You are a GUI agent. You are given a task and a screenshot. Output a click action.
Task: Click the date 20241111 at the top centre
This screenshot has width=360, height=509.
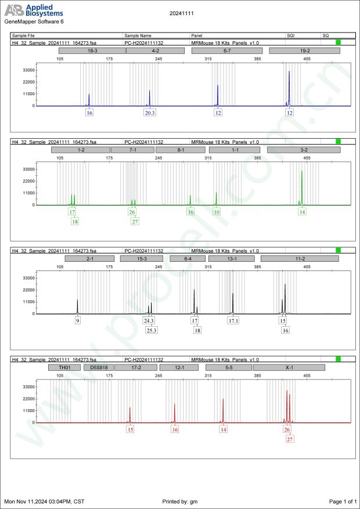click(179, 12)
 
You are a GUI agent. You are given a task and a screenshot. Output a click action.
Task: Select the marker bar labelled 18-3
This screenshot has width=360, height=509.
click(92, 51)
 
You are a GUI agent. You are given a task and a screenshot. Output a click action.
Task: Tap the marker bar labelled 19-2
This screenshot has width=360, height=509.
click(301, 51)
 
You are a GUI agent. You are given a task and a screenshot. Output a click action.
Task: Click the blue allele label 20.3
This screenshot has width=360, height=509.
click(150, 113)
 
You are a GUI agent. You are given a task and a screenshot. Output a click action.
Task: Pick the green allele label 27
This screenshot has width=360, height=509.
click(135, 221)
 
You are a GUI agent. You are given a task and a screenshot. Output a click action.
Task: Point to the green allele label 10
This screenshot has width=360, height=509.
click(217, 212)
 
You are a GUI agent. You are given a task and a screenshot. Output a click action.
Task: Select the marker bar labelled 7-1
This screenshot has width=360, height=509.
click(132, 150)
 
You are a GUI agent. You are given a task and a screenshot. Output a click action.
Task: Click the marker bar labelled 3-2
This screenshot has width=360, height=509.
click(304, 150)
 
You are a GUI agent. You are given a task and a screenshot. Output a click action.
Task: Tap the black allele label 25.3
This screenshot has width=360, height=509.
click(152, 330)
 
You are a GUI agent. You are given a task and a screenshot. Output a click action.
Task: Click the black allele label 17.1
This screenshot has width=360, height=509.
click(233, 321)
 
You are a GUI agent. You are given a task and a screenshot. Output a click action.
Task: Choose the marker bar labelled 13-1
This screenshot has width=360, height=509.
click(232, 259)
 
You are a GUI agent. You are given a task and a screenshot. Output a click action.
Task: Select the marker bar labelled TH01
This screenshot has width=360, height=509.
click(64, 367)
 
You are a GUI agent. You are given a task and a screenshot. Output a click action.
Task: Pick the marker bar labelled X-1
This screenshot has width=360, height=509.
click(289, 367)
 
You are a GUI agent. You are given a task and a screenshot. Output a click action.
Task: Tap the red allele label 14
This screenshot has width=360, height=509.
click(224, 429)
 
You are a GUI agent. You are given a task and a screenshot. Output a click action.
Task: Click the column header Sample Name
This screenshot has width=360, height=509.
click(138, 36)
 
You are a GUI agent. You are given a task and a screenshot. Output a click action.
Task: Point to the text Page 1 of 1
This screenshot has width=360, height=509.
click(343, 501)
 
